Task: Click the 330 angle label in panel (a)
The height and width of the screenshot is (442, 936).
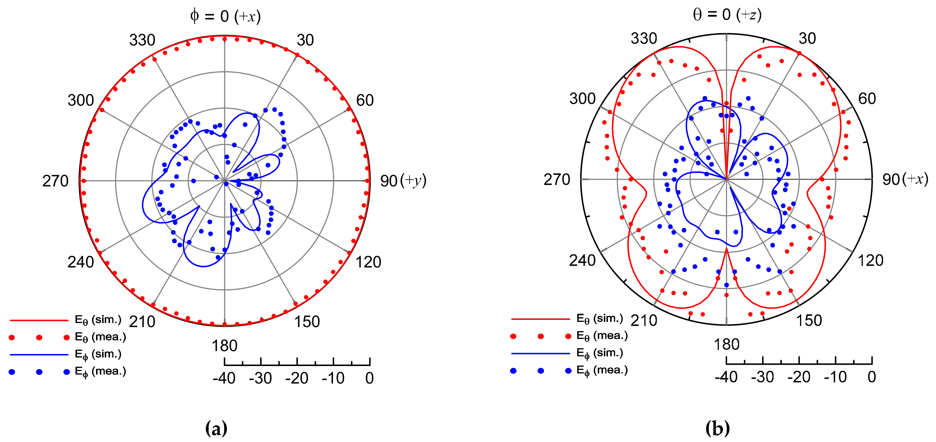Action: tap(142, 40)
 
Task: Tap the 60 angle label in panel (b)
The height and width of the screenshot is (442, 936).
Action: tap(867, 98)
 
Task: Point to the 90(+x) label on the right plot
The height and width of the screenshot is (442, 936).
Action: tap(905, 179)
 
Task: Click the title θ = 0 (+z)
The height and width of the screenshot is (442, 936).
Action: tap(727, 14)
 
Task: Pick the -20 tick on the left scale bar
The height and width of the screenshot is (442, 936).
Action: tap(297, 378)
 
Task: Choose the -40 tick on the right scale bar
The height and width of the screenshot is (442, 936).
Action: tap(726, 377)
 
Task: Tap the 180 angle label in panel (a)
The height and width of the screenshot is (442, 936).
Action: tap(225, 346)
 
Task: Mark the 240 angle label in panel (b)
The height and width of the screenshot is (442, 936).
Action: tap(582, 261)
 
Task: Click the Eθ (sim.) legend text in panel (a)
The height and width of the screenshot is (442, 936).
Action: tap(98, 320)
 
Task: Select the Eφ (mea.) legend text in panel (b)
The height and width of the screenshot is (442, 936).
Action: tap(602, 371)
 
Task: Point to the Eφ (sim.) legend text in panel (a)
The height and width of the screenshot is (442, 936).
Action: tap(98, 354)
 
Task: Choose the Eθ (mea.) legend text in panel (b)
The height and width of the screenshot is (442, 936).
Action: tap(602, 336)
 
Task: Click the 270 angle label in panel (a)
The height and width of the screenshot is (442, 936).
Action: tap(55, 181)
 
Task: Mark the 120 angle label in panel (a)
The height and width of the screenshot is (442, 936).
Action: tap(368, 262)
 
